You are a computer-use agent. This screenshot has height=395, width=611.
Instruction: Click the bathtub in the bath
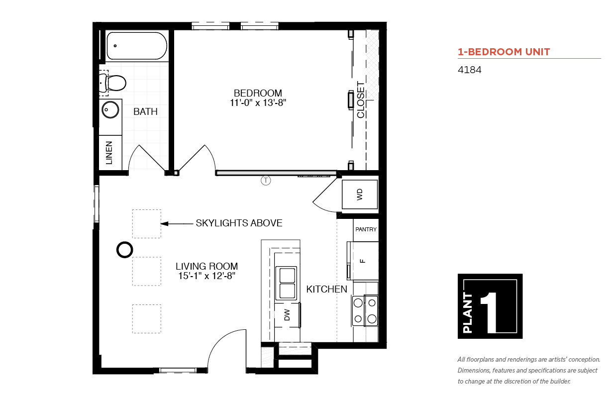point(137,46)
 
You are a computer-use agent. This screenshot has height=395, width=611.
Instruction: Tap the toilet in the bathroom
point(112,83)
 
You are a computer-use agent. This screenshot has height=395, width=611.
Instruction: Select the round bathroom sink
point(110,110)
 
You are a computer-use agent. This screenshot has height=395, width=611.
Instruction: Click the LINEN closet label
point(109,153)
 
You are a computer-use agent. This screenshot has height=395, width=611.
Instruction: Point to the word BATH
point(145,111)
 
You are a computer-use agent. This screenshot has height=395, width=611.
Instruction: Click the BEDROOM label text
point(258,94)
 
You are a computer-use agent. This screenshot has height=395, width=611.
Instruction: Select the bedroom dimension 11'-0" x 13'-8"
point(258,103)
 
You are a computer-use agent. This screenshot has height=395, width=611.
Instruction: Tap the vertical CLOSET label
point(361,100)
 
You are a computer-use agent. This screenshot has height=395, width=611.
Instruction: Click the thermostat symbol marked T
point(266,180)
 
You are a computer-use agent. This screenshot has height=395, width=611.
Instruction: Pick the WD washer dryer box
point(360,194)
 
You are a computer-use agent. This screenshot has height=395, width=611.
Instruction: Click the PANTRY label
point(366,229)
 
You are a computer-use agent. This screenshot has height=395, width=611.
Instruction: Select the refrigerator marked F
point(363,261)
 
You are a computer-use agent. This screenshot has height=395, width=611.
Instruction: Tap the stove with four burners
point(365,311)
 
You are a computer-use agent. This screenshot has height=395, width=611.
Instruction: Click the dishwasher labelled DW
point(287,315)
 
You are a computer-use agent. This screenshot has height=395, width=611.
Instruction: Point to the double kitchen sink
point(286,284)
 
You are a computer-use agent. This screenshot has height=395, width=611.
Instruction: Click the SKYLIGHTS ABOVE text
point(239,223)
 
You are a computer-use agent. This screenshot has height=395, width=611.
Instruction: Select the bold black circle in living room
point(125,250)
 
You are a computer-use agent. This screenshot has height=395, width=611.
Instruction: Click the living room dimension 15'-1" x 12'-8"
point(206,276)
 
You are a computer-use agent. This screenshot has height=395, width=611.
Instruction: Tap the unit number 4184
point(469,70)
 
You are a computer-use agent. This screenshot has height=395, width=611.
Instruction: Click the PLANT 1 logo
point(490,306)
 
